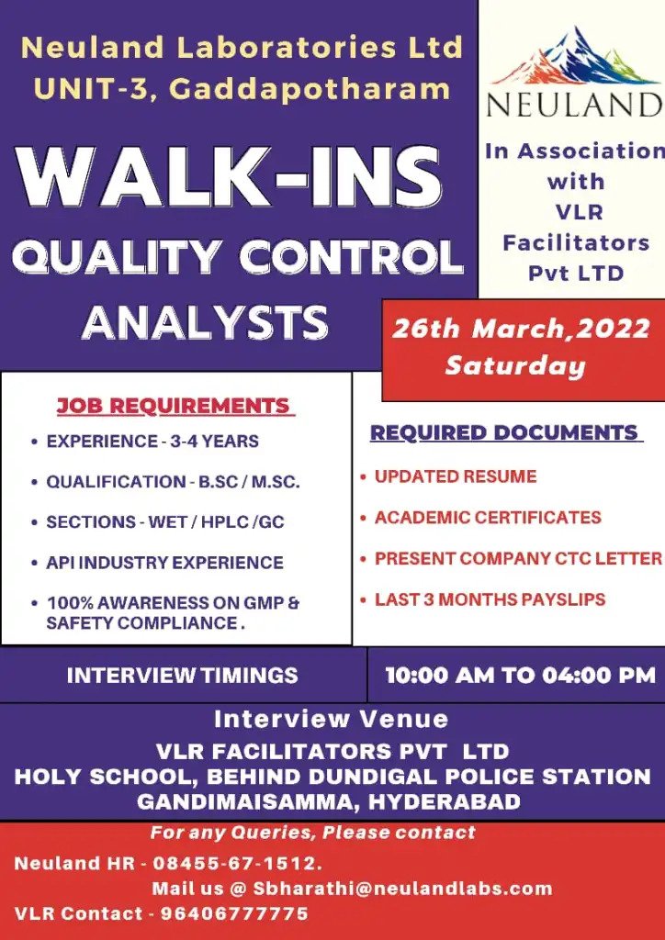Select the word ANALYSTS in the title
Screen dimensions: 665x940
tap(205, 322)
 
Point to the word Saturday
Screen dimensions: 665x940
tap(515, 365)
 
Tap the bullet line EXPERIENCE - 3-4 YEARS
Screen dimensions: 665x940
tap(152, 442)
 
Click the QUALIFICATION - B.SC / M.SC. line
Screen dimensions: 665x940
tap(173, 482)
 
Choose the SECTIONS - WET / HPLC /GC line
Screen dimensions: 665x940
tap(165, 522)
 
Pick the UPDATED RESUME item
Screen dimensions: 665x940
tap(456, 476)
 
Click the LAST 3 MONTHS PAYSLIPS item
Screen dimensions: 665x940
tap(490, 599)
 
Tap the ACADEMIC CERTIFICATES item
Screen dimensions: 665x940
tap(488, 518)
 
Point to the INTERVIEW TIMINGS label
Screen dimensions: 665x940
tap(182, 676)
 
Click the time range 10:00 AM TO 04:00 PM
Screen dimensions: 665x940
tap(521, 676)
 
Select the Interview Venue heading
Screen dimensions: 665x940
tap(331, 719)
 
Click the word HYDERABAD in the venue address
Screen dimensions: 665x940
tap(444, 801)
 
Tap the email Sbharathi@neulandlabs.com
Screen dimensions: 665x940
tap(402, 889)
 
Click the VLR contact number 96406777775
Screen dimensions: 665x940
tap(234, 913)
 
